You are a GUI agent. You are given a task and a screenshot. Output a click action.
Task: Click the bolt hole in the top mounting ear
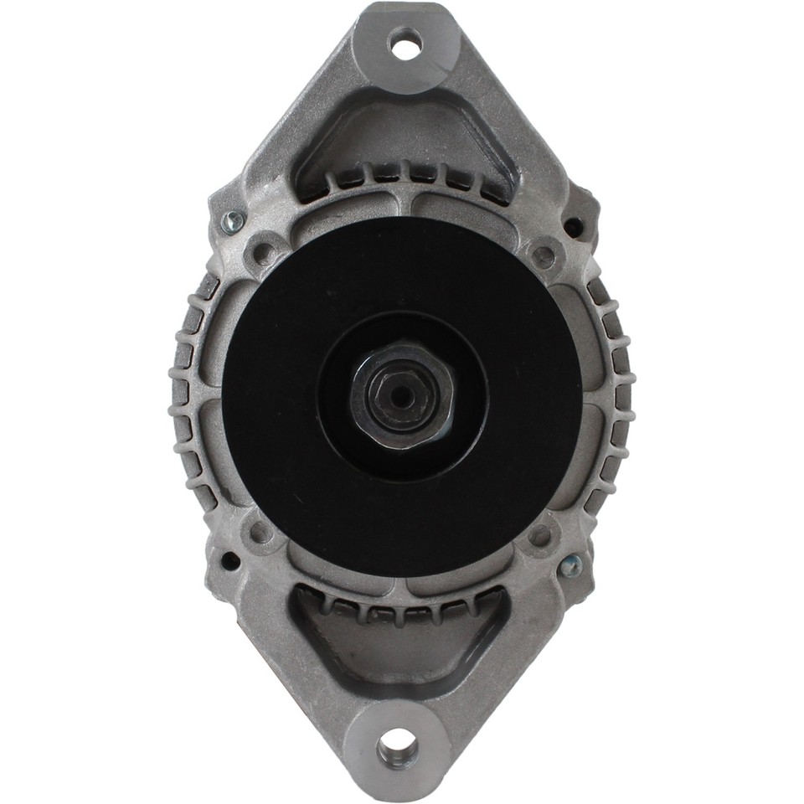pos(406,43)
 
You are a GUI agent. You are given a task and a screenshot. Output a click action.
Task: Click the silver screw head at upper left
pos(232,222)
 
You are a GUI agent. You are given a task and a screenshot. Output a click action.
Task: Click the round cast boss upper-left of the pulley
pos(263,251)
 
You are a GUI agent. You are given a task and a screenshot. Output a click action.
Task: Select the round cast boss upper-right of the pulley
pos(544,254)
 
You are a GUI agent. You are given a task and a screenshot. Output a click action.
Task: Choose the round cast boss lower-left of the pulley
pos(260,531)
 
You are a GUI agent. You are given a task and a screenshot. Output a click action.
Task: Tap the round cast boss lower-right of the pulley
pos(541,533)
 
